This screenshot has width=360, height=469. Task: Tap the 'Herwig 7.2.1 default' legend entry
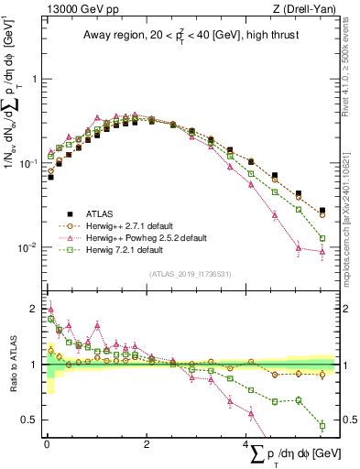coord(129,249)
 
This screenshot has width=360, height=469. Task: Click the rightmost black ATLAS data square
coord(322,210)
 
